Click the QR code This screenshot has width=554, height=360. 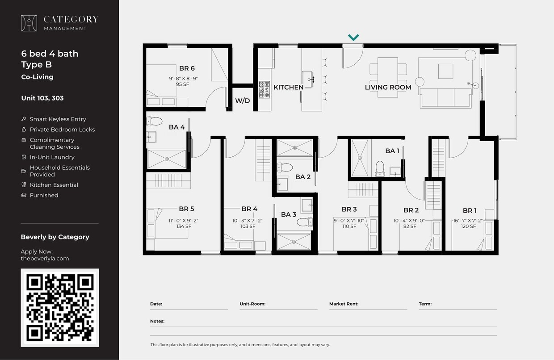point(60,307)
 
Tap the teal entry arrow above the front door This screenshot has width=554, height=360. point(353,38)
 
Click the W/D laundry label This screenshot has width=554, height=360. point(243,101)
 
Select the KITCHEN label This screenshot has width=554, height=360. point(288,87)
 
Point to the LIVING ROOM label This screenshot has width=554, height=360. point(388,87)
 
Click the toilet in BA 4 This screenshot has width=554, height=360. point(155,121)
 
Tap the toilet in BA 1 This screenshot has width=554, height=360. point(380,167)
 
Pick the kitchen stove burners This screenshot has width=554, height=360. point(264,89)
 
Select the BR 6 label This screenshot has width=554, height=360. point(187,68)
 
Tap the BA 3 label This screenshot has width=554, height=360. point(289,214)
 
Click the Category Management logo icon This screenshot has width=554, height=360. point(29,23)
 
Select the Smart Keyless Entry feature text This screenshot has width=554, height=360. point(58,119)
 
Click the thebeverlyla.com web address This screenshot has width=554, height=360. point(45,258)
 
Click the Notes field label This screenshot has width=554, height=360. point(157,321)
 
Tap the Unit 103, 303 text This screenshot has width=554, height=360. point(42,98)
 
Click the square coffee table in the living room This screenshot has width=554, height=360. point(445,71)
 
